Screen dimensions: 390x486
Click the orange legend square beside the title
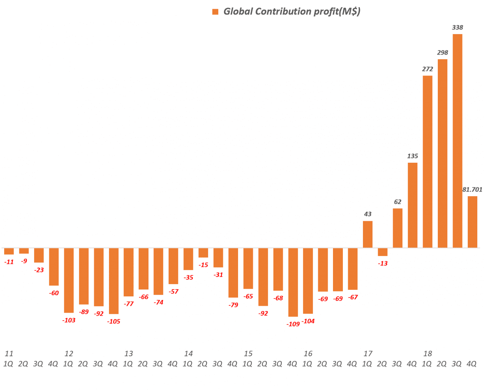click(215, 12)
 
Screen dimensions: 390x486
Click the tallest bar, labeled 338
click(458, 141)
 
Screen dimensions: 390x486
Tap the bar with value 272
click(428, 162)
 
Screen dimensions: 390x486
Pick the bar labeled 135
click(413, 205)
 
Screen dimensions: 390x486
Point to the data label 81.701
click(472, 189)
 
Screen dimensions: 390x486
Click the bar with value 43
click(368, 234)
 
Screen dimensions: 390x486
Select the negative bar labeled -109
click(293, 282)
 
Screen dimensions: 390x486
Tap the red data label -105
click(114, 321)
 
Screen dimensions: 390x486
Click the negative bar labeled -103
click(69, 280)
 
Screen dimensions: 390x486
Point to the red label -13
click(383, 263)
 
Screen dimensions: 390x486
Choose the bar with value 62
click(398, 228)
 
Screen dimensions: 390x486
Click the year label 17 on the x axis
click(368, 354)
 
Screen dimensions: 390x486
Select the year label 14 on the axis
click(188, 354)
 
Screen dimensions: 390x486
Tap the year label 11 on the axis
click(9, 354)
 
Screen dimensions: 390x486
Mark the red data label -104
click(308, 321)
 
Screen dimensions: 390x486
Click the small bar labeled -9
click(24, 251)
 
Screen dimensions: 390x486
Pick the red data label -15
click(204, 265)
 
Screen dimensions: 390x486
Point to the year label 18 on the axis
click(428, 354)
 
